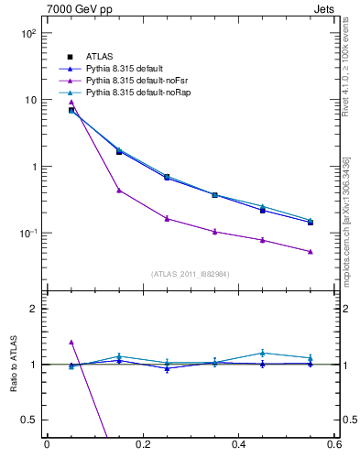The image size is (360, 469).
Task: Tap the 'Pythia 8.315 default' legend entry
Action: tap(128, 68)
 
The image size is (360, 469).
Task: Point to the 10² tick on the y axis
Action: tap(27, 33)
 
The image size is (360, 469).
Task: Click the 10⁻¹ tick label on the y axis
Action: tap(27, 234)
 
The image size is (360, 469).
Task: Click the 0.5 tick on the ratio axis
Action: tap(29, 420)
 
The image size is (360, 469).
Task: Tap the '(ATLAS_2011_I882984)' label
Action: tap(191, 274)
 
